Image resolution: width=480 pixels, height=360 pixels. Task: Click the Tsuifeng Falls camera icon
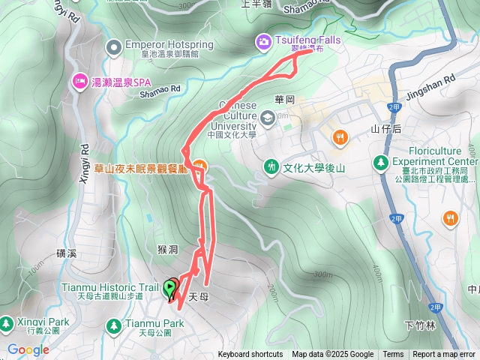[x=264, y=42]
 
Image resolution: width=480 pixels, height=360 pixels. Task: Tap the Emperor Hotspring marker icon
[x=114, y=49]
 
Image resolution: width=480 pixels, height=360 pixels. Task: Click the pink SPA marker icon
[x=79, y=80]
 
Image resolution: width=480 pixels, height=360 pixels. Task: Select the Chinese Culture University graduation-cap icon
[x=268, y=117]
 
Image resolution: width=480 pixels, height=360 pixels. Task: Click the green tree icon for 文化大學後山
[x=271, y=166]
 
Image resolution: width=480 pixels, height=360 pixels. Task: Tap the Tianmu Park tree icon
[x=113, y=325]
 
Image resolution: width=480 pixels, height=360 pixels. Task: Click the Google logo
[x=28, y=349]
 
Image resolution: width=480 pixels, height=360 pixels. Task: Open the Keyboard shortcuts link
[x=250, y=355]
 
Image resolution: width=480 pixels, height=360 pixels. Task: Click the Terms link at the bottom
[x=393, y=355]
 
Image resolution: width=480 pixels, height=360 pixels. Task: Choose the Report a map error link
[x=444, y=355]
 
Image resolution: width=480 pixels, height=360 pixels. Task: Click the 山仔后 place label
[x=386, y=129]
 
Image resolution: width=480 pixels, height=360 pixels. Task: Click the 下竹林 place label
[x=419, y=325]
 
